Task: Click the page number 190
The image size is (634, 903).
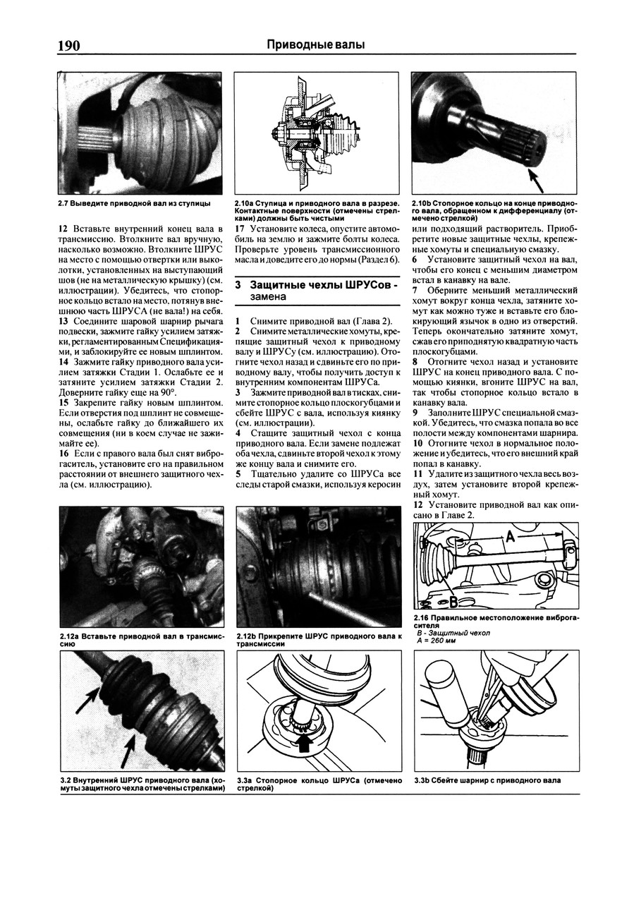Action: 68,46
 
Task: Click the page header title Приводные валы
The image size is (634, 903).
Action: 316,45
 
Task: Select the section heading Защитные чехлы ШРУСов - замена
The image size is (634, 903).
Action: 317,290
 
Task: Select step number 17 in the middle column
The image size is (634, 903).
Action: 240,229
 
